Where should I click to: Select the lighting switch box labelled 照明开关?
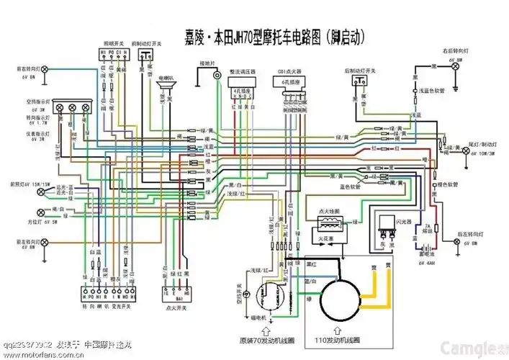(x=113, y=57)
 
